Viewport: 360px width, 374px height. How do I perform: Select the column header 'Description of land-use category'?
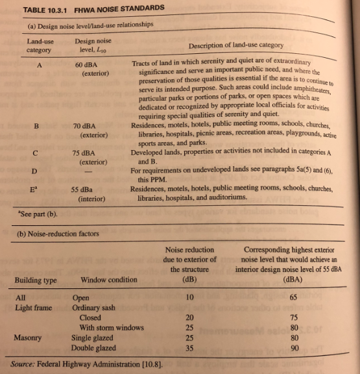(235, 45)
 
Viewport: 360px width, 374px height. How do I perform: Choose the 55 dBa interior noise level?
(86, 189)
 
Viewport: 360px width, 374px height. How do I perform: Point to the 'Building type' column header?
(36, 280)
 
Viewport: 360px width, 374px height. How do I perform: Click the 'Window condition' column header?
(109, 280)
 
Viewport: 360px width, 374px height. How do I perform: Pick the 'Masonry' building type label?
(29, 338)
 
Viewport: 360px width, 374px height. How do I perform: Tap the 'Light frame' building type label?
(33, 307)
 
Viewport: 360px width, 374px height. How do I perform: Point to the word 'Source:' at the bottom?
(25, 364)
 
